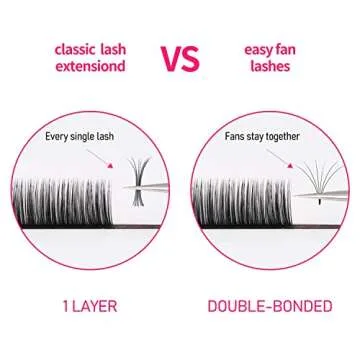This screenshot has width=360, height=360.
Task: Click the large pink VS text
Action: pos(181,58)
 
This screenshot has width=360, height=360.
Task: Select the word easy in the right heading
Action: pos(257,48)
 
